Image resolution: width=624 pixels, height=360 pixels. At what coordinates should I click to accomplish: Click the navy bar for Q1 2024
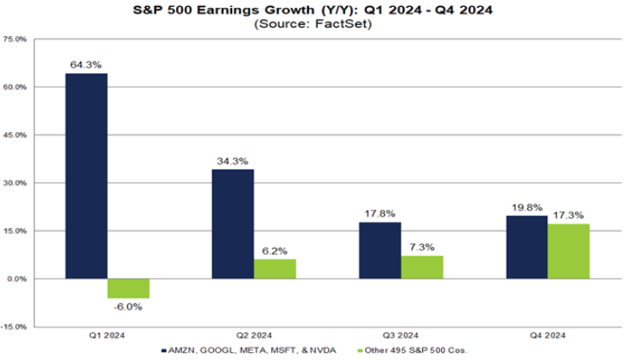[x=86, y=176]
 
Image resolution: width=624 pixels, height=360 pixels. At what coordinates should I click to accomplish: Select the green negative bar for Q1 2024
[x=129, y=288]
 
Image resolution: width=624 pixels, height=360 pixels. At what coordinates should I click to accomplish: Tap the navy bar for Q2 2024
[x=233, y=224]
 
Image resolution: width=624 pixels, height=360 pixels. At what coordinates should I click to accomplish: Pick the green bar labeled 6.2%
[x=275, y=268]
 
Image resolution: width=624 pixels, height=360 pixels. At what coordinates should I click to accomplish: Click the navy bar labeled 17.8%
[x=380, y=250]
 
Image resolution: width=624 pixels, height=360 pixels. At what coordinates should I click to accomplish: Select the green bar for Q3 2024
[x=422, y=267]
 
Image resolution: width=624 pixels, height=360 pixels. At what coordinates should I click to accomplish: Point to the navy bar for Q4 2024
[x=526, y=247]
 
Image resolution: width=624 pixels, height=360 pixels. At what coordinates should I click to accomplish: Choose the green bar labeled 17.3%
[x=569, y=251]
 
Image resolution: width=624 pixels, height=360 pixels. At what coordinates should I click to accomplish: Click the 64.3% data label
[x=86, y=64]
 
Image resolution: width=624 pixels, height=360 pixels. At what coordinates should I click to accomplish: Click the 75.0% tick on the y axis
[x=16, y=40]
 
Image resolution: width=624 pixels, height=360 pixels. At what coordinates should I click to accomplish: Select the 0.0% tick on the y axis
[x=17, y=279]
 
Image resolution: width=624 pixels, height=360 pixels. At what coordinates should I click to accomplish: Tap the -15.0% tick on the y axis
[x=16, y=327]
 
